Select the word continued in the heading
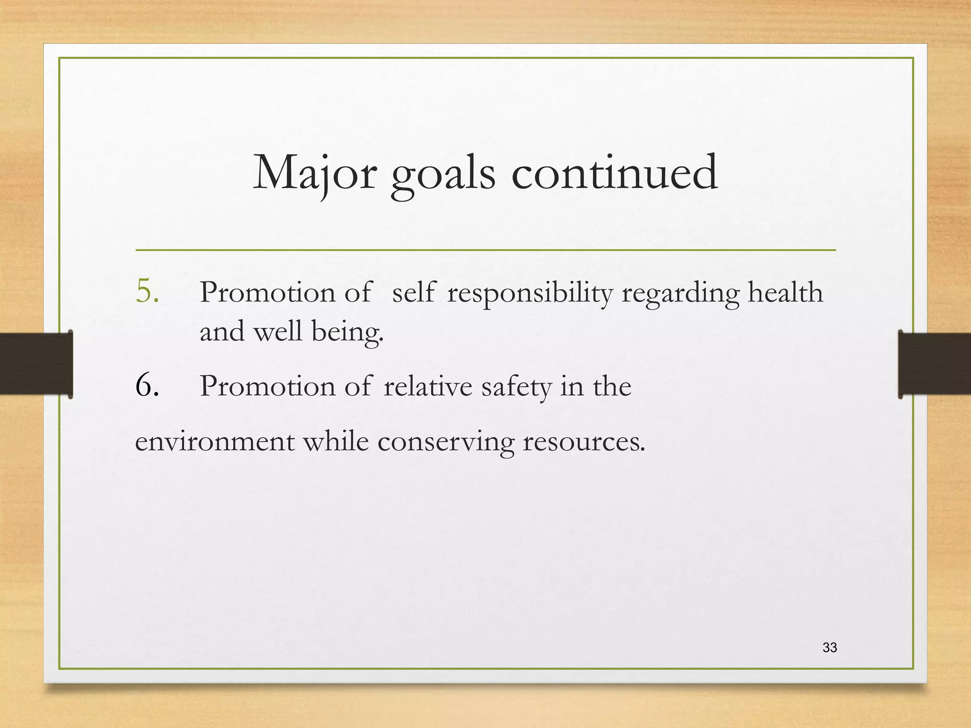[614, 173]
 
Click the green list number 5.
[147, 291]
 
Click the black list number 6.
[147, 385]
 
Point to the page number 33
[830, 647]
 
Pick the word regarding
[680, 293]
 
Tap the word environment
[215, 442]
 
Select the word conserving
[446, 443]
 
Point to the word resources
[584, 442]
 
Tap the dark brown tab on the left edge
[36, 364]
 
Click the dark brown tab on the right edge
[934, 364]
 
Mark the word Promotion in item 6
[267, 386]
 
